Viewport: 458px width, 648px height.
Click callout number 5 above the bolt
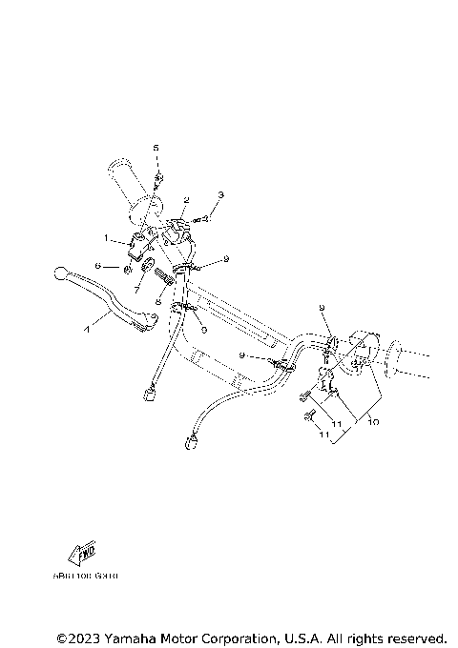(x=156, y=148)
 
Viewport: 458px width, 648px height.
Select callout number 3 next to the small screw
(x=220, y=194)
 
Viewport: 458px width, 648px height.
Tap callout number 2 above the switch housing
(x=187, y=200)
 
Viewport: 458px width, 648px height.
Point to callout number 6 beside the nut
(x=98, y=267)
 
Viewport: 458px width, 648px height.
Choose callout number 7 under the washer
(x=138, y=288)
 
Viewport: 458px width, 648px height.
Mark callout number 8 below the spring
(x=158, y=299)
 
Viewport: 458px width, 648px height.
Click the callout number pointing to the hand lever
(x=87, y=329)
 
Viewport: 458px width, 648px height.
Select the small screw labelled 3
(x=203, y=219)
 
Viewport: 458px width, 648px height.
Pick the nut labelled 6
(x=127, y=268)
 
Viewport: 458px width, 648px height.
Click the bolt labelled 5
(x=158, y=175)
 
